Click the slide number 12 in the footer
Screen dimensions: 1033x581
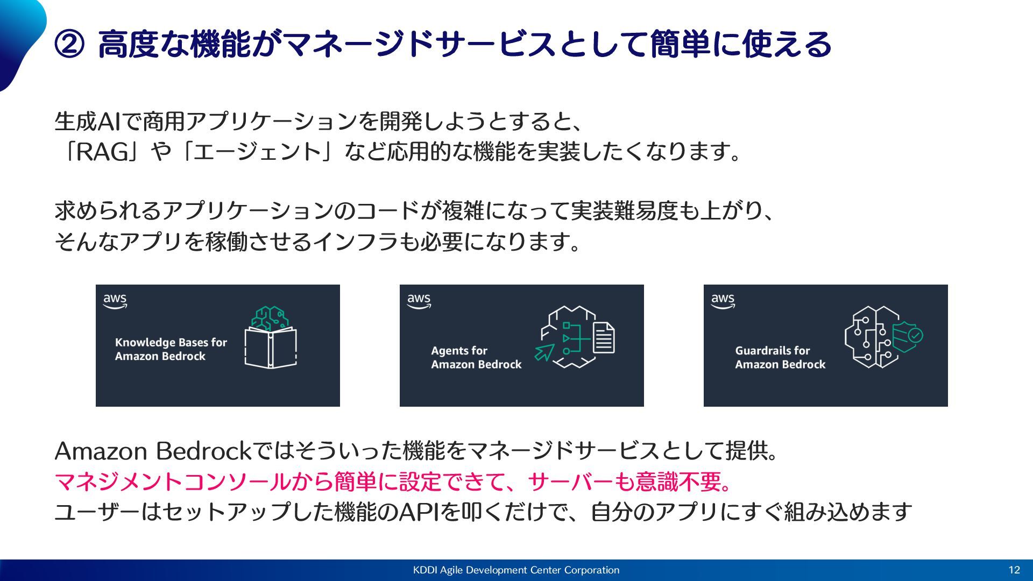pos(1014,570)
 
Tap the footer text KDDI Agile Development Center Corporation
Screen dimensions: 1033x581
pos(516,570)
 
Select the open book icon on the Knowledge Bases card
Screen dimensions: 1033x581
pos(270,347)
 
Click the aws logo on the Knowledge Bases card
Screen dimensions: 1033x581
pos(115,301)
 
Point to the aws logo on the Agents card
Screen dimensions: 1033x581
pos(419,301)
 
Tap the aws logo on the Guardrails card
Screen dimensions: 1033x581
pos(723,301)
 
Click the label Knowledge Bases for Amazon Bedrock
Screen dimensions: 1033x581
pos(171,349)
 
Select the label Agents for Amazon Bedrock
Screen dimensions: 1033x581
pos(476,357)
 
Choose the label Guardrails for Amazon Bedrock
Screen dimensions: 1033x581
pos(780,357)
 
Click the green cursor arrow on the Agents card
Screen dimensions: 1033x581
pos(544,353)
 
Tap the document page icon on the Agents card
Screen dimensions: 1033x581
pos(604,338)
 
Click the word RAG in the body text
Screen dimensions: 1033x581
pos(102,152)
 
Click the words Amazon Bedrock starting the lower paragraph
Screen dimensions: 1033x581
pos(153,451)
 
